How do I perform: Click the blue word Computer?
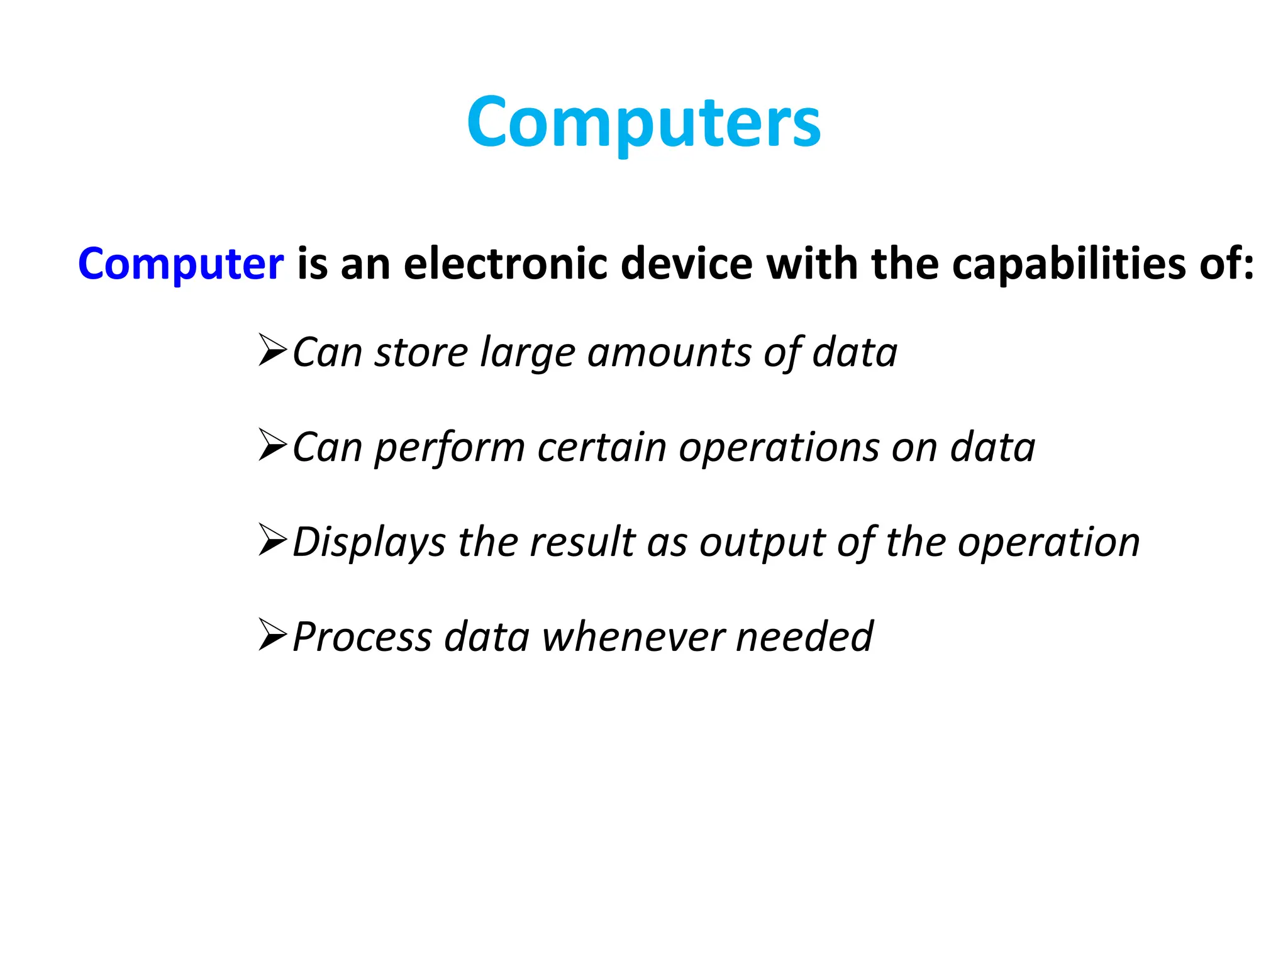(x=180, y=264)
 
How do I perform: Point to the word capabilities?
(x=1069, y=264)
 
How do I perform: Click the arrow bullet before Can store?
(x=273, y=351)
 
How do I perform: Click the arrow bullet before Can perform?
(x=273, y=445)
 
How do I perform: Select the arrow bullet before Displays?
(x=273, y=540)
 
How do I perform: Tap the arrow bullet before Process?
(x=273, y=635)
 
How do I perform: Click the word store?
(x=421, y=352)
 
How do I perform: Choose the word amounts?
(x=669, y=352)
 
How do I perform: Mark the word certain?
(x=601, y=447)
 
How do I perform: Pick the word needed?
(x=804, y=636)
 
